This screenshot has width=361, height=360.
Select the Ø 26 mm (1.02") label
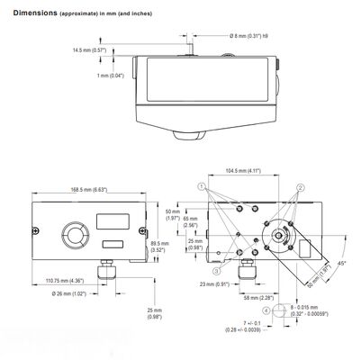[x=70, y=295]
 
